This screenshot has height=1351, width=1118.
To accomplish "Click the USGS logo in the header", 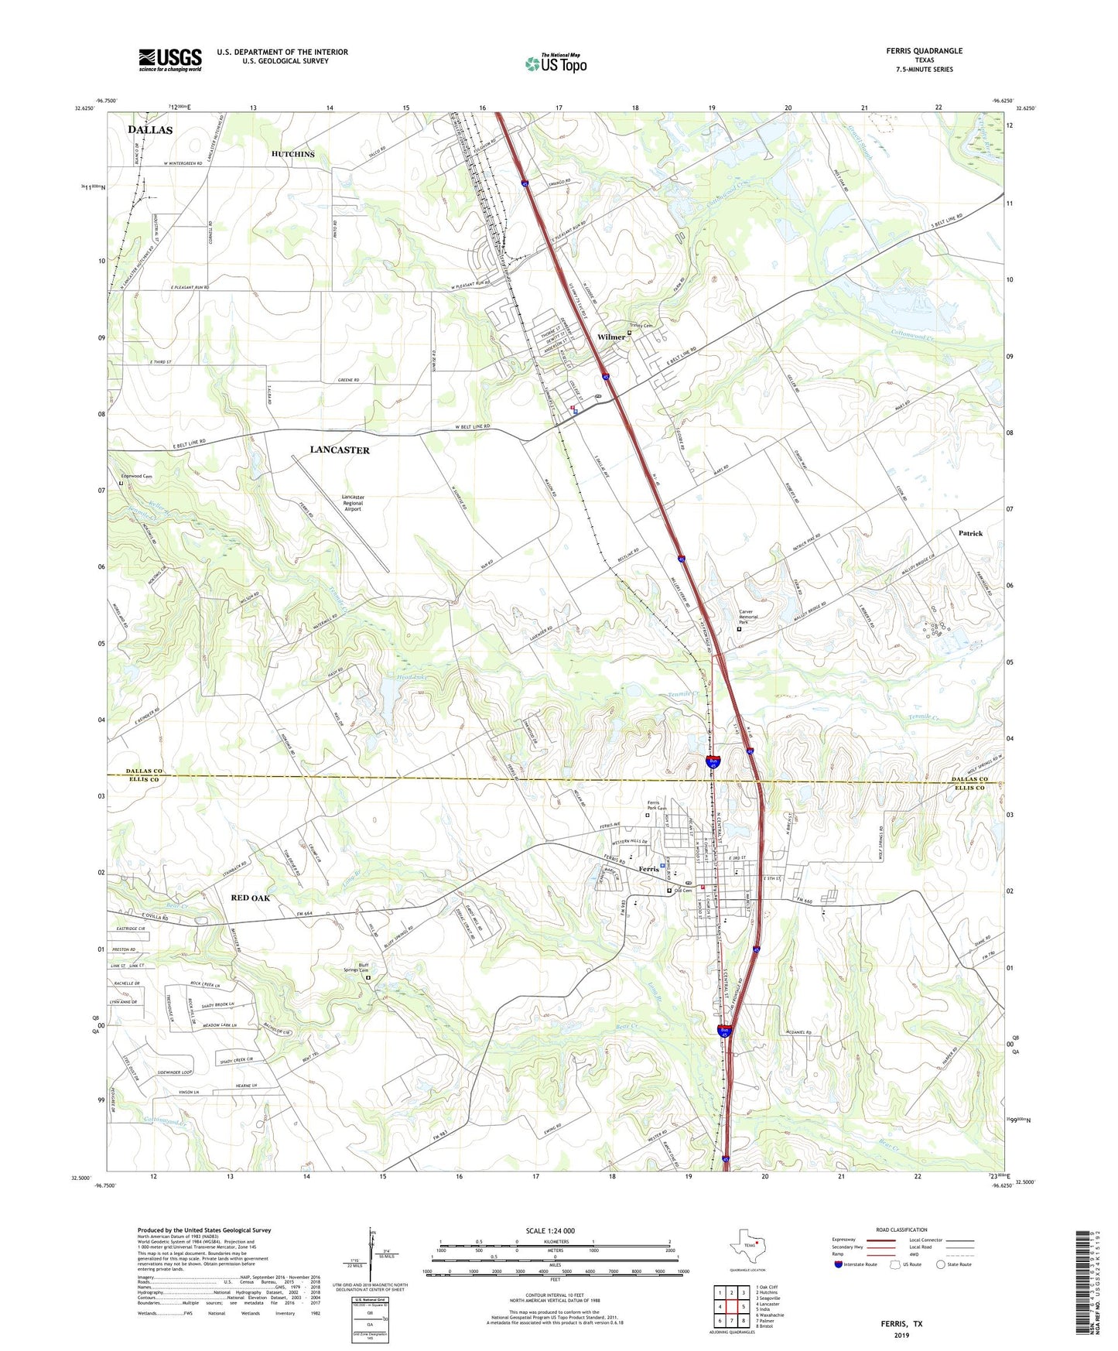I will [170, 60].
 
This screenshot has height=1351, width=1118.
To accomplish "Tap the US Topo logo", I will [555, 63].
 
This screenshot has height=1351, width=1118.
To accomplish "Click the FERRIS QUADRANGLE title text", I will [924, 51].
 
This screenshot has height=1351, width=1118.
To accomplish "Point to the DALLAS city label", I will [150, 130].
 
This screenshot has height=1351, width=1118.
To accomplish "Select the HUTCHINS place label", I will [292, 154].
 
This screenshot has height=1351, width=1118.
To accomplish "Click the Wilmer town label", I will [611, 337].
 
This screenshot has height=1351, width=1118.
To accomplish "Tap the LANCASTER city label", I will [340, 450].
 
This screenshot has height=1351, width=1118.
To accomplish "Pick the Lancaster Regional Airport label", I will [353, 503].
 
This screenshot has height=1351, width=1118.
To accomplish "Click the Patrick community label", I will [970, 533].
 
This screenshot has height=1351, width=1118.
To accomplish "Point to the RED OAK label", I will [251, 898].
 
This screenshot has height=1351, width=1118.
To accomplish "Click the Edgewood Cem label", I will [137, 477].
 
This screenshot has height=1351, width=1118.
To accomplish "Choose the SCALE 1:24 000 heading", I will [549, 1230].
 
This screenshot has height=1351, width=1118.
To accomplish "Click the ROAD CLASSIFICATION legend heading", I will [901, 1230].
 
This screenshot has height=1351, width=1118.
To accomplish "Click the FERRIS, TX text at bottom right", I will [901, 1324].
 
